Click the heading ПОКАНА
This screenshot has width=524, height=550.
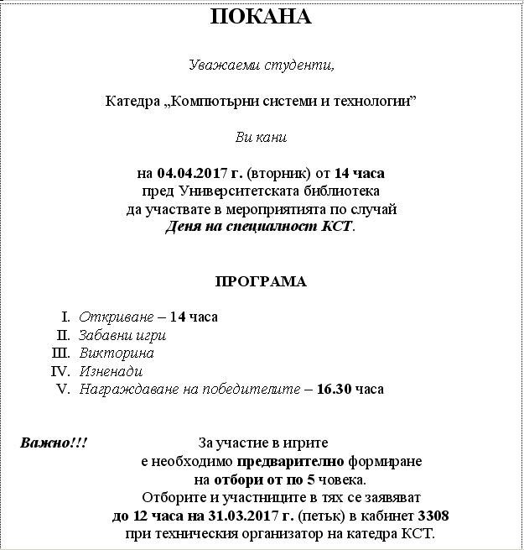click(x=260, y=18)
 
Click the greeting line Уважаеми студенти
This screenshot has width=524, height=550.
click(x=261, y=65)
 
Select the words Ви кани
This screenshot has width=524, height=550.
click(x=261, y=137)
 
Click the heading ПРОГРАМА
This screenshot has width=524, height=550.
click(x=261, y=281)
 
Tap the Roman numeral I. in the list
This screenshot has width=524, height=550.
click(x=65, y=317)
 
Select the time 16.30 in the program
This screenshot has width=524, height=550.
click(x=335, y=389)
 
